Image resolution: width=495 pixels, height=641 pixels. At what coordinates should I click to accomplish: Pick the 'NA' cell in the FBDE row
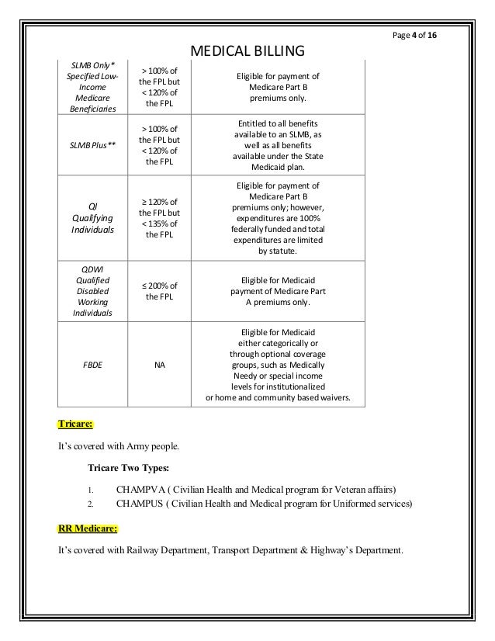(158, 361)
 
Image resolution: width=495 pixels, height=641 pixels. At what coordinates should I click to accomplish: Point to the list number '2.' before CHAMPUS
(90, 504)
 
